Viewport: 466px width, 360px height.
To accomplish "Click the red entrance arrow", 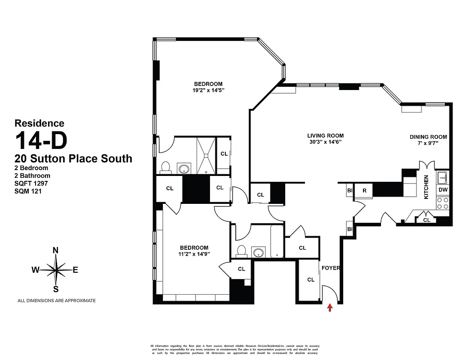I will [330, 308].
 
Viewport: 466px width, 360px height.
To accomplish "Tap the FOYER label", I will [331, 268].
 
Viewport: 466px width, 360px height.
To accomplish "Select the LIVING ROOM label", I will [325, 135].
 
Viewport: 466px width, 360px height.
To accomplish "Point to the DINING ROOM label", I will [428, 137].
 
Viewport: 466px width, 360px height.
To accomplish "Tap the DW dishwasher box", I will [443, 190].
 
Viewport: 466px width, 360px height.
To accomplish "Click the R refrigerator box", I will [364, 190].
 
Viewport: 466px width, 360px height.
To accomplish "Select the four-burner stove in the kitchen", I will [443, 204].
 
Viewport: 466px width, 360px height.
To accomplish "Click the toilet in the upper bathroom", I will [166, 167].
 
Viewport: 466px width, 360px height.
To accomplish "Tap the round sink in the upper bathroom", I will [184, 169].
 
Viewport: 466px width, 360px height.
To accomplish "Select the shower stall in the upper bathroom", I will [206, 155].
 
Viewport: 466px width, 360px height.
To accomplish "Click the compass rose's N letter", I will [56, 251].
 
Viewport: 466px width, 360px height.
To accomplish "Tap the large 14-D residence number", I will [41, 140].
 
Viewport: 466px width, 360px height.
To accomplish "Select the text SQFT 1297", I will [31, 184].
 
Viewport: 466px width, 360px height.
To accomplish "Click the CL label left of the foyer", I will [310, 279].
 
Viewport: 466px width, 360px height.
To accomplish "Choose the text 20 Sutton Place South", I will [73, 158].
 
